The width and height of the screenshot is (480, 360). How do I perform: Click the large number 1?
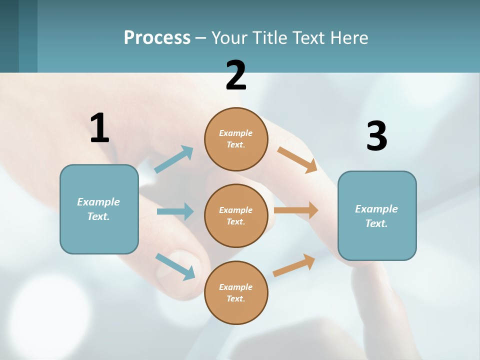tap(99, 128)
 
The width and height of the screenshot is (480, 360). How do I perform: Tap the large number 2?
tap(236, 75)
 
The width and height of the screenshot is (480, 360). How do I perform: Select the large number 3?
tap(376, 136)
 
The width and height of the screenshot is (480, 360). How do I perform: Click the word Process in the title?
tap(157, 37)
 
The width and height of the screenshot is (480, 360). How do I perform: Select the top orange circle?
tap(236, 139)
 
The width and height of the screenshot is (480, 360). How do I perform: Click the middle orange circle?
tap(236, 215)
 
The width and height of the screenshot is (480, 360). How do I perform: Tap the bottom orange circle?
tap(236, 292)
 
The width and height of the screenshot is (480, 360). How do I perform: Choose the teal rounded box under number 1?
tap(99, 209)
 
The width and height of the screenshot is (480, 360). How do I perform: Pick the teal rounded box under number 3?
tap(377, 215)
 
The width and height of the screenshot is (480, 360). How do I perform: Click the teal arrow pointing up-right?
tap(174, 159)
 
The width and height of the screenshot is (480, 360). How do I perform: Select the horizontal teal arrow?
tap(175, 211)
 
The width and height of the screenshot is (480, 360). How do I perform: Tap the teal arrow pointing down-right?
tap(175, 266)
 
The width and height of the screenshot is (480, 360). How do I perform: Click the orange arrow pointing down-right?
tap(297, 159)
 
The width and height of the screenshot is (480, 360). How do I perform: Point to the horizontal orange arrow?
tap(296, 210)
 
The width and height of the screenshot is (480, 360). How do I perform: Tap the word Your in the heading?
tap(229, 37)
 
